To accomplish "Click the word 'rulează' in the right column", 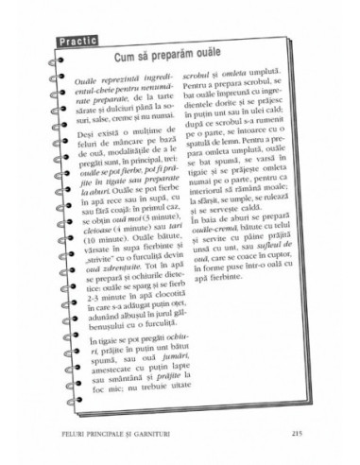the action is (x=275, y=227).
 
